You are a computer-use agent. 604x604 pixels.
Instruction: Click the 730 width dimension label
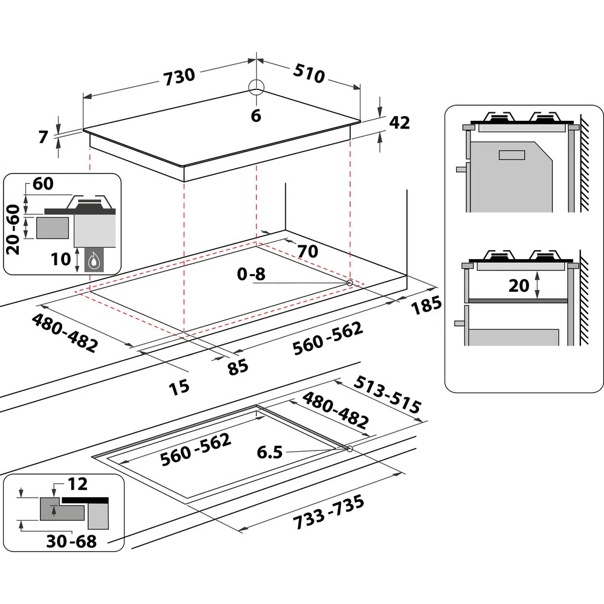179,75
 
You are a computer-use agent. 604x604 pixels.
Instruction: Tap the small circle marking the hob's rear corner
256,87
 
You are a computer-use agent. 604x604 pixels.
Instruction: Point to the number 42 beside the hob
399,123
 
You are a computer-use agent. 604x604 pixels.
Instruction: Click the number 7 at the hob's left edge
43,137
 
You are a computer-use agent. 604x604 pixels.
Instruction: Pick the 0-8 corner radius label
251,274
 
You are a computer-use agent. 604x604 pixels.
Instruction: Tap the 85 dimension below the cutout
238,366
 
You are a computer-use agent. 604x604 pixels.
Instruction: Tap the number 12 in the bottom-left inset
77,484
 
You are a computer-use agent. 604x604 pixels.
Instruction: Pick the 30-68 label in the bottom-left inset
71,541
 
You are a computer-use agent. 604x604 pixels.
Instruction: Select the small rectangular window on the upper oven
512,155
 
